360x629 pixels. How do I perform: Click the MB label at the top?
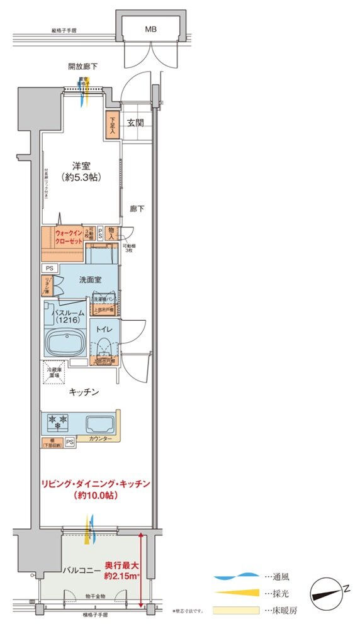pyautogui.click(x=151, y=30)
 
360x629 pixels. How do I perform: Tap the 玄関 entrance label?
pyautogui.click(x=135, y=123)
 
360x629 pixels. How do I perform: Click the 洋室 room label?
pyautogui.click(x=81, y=166)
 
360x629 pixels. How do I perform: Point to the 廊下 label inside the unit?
pyautogui.click(x=137, y=208)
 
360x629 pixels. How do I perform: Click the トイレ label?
pyautogui.click(x=104, y=329)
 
